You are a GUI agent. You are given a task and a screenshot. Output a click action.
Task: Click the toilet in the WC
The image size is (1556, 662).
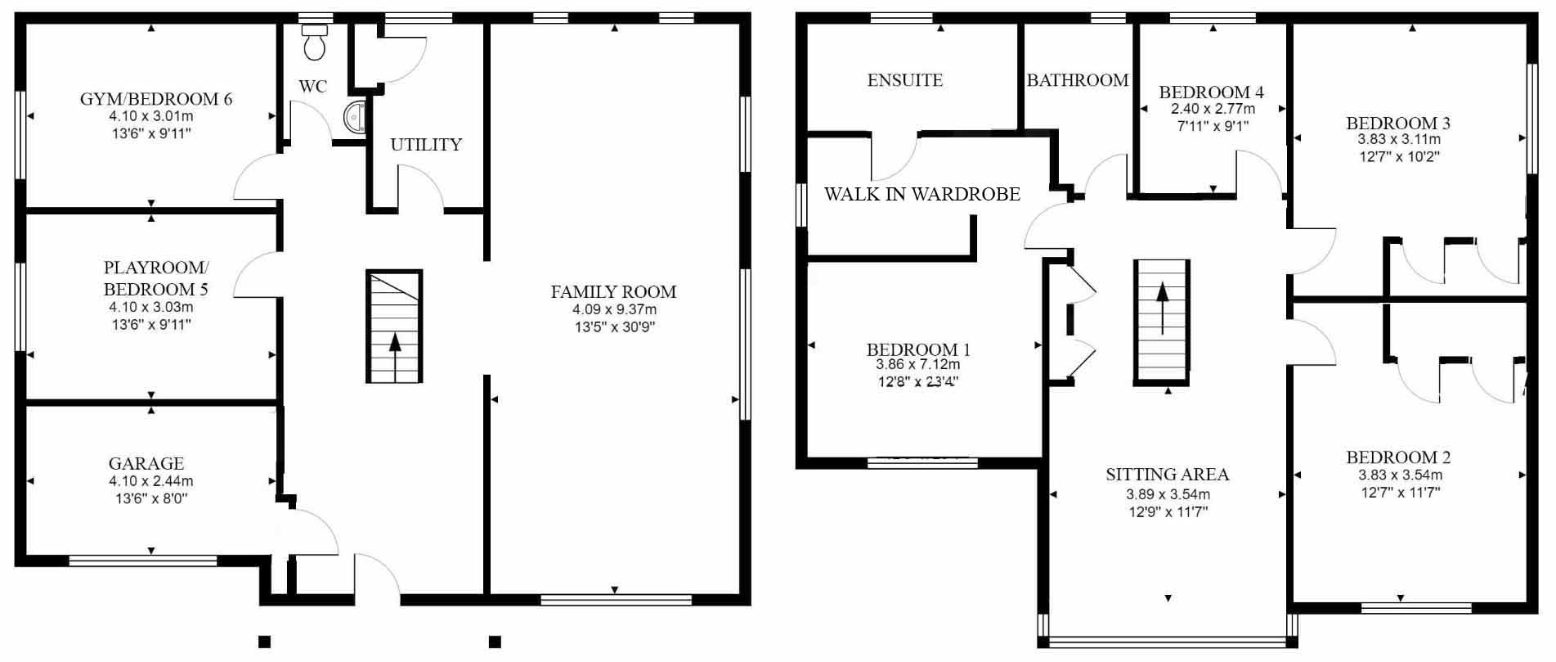(313, 42)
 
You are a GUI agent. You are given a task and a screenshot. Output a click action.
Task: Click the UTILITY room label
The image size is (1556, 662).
(426, 145)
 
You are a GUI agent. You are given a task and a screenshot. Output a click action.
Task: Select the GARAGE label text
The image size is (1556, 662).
(146, 463)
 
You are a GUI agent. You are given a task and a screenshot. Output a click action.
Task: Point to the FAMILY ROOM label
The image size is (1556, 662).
(613, 292)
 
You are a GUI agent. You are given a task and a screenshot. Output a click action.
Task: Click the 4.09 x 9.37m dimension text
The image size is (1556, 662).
(614, 310)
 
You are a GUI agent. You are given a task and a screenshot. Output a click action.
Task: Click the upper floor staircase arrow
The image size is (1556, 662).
(1161, 308)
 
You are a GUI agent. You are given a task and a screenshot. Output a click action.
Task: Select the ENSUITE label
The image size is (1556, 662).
(905, 80)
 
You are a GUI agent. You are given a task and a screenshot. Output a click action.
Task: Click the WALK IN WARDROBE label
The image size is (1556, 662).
(922, 195)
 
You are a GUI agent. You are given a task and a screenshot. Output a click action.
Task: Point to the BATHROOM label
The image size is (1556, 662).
(1078, 80)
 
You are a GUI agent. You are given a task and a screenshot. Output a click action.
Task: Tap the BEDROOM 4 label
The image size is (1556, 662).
(1212, 92)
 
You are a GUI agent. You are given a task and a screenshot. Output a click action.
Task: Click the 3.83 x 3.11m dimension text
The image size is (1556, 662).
(1399, 140)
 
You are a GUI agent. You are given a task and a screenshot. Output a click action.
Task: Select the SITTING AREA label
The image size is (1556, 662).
(1168, 475)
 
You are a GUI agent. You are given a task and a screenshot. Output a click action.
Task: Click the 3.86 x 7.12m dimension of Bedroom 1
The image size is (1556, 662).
(918, 365)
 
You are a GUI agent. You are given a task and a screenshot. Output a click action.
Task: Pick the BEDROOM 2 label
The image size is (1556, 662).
(1399, 457)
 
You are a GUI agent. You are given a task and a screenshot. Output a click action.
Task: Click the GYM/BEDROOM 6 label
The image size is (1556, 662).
(156, 99)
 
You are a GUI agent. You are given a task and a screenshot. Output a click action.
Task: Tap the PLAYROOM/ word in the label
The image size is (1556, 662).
(156, 268)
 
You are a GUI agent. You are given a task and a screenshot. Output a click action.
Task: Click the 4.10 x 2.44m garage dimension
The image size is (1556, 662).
(151, 481)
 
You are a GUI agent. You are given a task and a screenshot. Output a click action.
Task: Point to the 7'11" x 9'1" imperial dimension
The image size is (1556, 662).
(1213, 126)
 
